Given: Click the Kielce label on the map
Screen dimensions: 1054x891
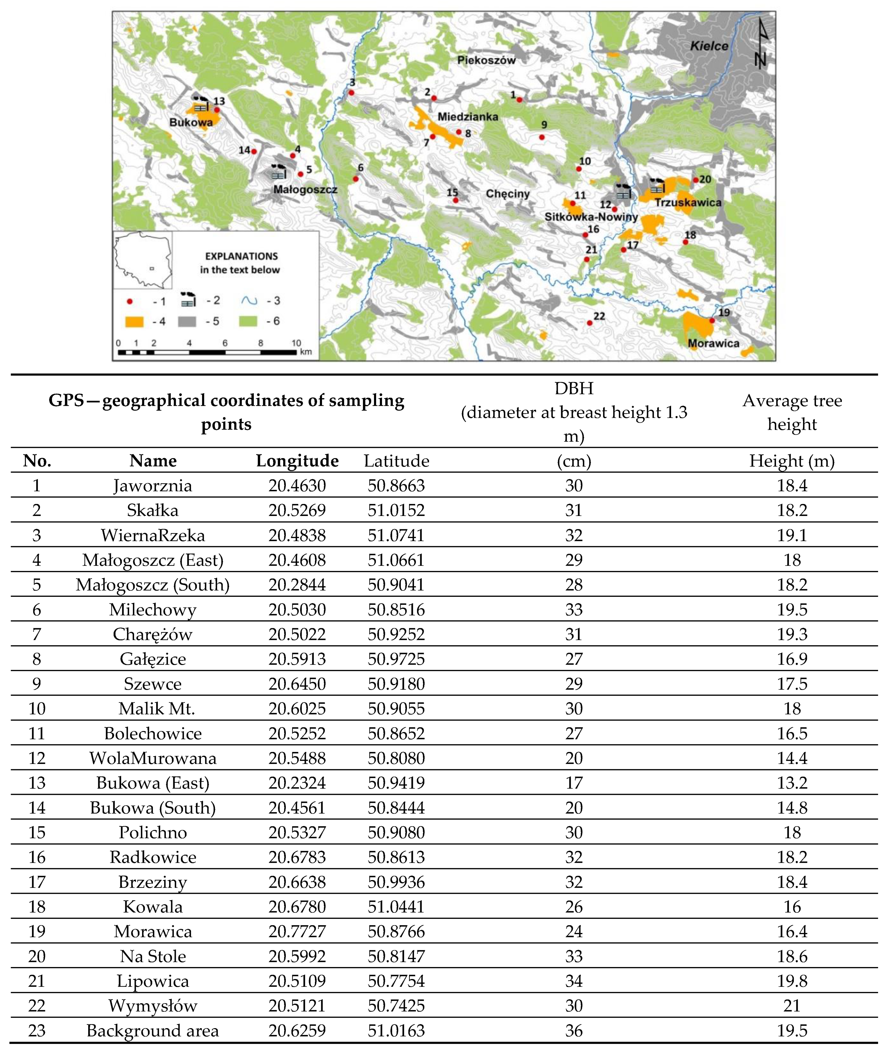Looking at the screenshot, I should click(x=709, y=46).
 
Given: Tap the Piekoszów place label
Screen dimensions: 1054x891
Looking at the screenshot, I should click(x=486, y=60).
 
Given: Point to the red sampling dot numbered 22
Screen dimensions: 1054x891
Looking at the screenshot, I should click(x=590, y=323).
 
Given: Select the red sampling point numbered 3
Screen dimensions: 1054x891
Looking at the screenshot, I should click(x=351, y=93).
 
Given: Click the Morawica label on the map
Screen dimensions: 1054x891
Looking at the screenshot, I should click(x=713, y=343).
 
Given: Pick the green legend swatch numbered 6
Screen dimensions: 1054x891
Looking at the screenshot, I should click(x=248, y=321).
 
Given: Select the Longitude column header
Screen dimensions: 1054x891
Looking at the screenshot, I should click(x=297, y=461).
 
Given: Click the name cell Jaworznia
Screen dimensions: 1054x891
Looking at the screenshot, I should click(x=153, y=486).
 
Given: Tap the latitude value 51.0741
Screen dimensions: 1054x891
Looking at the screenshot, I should click(x=396, y=535).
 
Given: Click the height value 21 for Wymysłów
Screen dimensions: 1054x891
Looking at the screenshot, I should click(x=792, y=1006).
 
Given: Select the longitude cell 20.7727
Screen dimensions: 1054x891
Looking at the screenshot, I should click(x=297, y=931).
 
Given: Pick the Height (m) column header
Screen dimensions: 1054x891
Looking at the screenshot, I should click(x=792, y=461).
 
